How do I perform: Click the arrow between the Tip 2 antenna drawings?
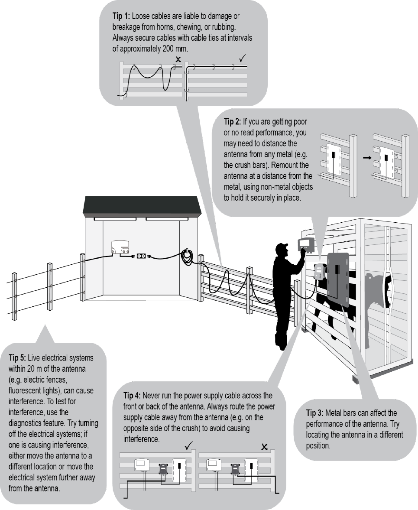coord(366,158)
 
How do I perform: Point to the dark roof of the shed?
coord(143,205)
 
